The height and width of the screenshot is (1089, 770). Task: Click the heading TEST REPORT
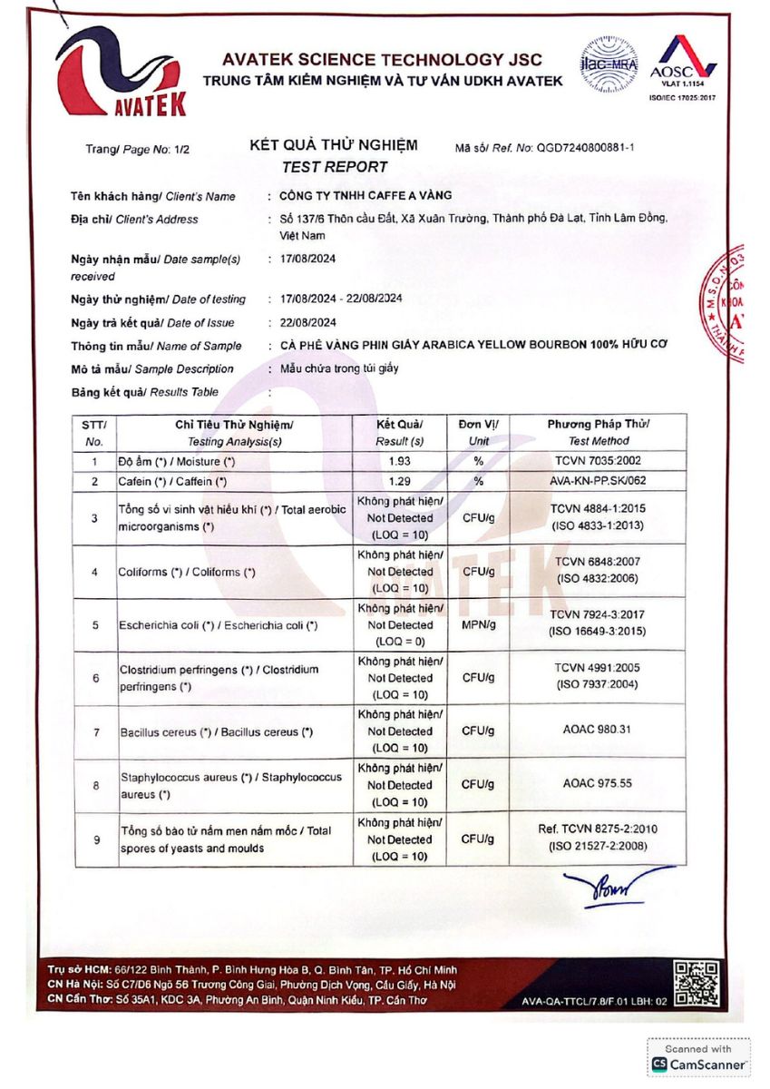tap(334, 167)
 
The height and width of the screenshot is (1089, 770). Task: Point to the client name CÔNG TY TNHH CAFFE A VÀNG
tap(366, 196)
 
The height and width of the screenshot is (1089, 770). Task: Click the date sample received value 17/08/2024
tap(308, 259)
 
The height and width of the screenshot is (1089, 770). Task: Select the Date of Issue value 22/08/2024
tap(308, 322)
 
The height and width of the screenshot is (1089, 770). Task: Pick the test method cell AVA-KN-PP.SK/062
tap(597, 480)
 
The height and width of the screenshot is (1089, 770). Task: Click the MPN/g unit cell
tap(478, 625)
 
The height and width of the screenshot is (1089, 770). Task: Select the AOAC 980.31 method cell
tap(597, 731)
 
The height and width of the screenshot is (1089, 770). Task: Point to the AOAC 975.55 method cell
tap(597, 784)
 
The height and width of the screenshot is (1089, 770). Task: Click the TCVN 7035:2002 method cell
tap(597, 461)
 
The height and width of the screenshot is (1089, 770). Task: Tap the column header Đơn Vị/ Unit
tap(478, 432)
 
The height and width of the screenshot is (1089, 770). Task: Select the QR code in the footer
tap(697, 984)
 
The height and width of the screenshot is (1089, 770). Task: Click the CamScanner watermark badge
tap(699, 1057)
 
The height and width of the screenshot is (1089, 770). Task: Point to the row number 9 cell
tap(96, 839)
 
